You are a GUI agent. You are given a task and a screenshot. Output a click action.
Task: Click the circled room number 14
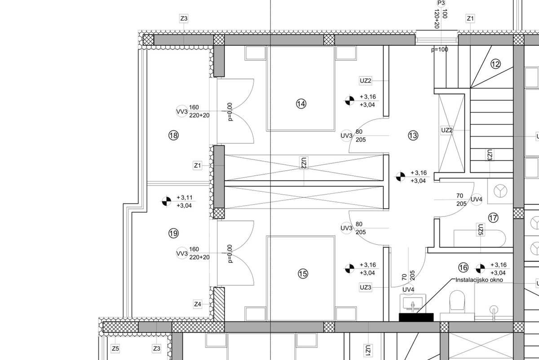click(x=301, y=104)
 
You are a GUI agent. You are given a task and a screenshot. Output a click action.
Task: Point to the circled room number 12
click(x=495, y=64)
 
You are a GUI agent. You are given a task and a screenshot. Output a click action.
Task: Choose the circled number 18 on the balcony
click(x=173, y=135)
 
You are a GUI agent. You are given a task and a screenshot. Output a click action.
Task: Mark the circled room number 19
click(x=173, y=233)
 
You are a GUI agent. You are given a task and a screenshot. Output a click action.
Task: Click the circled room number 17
click(x=493, y=218)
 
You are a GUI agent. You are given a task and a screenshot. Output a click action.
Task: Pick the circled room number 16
click(x=464, y=268)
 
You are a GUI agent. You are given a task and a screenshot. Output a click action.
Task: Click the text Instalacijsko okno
click(x=479, y=280)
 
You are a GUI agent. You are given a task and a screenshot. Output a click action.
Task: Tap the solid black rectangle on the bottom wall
click(x=416, y=317)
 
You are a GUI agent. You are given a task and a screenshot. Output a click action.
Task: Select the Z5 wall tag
click(x=115, y=348)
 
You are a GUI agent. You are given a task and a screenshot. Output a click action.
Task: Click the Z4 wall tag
click(x=198, y=304)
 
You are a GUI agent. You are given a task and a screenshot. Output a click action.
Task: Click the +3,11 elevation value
click(x=185, y=198)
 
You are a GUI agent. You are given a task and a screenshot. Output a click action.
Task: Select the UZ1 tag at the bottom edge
click(x=367, y=350)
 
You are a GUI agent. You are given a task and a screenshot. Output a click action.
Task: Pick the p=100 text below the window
click(x=440, y=49)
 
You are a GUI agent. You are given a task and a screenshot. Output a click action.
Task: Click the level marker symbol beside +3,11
click(x=167, y=202)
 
